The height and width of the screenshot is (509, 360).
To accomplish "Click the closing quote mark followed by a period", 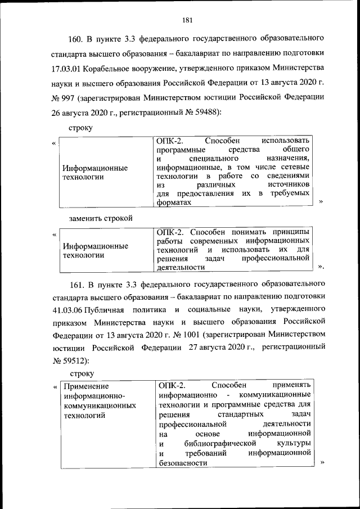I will tap(321, 267).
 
